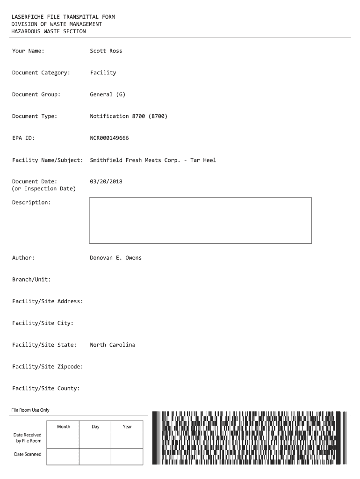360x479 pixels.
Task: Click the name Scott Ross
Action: pyautogui.click(x=106, y=51)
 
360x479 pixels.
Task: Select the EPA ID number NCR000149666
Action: pyautogui.click(x=109, y=138)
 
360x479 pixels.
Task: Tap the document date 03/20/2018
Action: pyautogui.click(x=106, y=181)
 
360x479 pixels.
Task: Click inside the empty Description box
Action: pyautogui.click(x=200, y=220)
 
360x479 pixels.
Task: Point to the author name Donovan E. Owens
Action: pyautogui.click(x=115, y=258)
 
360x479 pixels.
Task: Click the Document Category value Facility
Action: pyautogui.click(x=103, y=73)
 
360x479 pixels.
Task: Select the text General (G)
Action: pyautogui.click(x=108, y=94)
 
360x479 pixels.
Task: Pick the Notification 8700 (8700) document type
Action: pyautogui.click(x=128, y=116)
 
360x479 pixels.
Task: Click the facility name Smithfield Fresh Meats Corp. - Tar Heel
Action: pyautogui.click(x=153, y=160)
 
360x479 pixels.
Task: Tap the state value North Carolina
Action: pyautogui.click(x=112, y=345)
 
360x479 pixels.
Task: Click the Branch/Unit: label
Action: pyautogui.click(x=31, y=280)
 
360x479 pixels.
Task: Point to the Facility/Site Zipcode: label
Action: pyautogui.click(x=47, y=367)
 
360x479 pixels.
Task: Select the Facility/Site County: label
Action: pyautogui.click(x=46, y=388)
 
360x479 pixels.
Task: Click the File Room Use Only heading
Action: pyautogui.click(x=30, y=410)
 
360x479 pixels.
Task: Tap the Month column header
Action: pyautogui.click(x=64, y=427)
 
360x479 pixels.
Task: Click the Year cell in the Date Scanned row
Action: pyautogui.click(x=127, y=456)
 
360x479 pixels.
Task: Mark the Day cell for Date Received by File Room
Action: pyautogui.click(x=95, y=440)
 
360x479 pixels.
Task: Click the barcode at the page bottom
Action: pyautogui.click(x=250, y=437)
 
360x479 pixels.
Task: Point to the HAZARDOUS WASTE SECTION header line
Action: pyautogui.click(x=49, y=31)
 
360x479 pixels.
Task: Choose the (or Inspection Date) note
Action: pyautogui.click(x=43, y=189)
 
